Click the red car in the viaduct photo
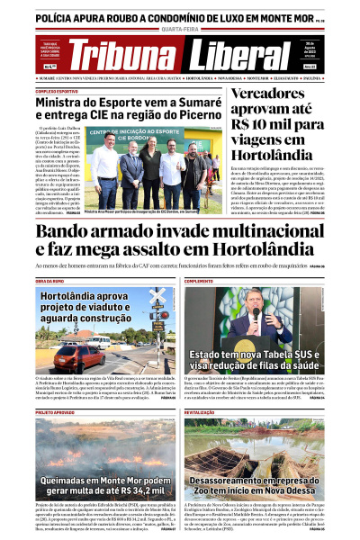pos(68,353)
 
